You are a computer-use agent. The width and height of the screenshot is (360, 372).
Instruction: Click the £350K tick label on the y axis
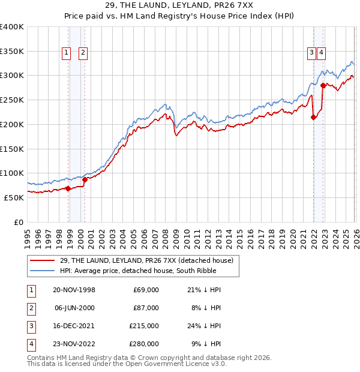[12, 52]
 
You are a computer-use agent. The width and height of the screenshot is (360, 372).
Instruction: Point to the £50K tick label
[14, 197]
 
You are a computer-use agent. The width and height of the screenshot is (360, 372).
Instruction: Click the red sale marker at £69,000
[68, 188]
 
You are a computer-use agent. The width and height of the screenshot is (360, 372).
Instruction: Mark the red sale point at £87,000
[85, 179]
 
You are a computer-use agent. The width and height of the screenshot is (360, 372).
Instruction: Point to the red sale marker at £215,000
[313, 118]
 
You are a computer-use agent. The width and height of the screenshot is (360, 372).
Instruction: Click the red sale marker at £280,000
[323, 85]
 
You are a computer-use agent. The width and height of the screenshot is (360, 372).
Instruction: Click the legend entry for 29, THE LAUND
[149, 260]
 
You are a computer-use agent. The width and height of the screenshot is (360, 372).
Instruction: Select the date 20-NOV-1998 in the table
[74, 290]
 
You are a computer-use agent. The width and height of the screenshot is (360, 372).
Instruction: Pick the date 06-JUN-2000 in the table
[74, 308]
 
